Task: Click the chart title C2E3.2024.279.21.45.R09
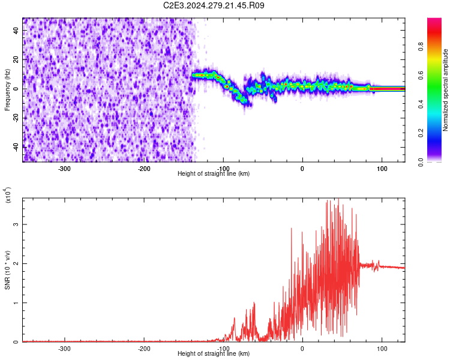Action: pyautogui.click(x=214, y=5)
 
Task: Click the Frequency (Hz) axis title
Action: pyautogui.click(x=7, y=90)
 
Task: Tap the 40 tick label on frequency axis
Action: pyautogui.click(x=16, y=30)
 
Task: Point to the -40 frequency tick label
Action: pyautogui.click(x=16, y=147)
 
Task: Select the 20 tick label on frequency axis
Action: pyautogui.click(x=16, y=59)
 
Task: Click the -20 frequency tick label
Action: pyautogui.click(x=16, y=118)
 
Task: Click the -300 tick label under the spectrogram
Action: pyautogui.click(x=64, y=169)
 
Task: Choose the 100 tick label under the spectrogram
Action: pyautogui.click(x=382, y=169)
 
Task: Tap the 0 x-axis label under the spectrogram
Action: pyautogui.click(x=302, y=169)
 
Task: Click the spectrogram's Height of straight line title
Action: pyautogui.click(x=214, y=173)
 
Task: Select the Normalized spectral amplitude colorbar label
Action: pyautogui.click(x=445, y=90)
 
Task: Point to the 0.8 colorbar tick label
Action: pyautogui.click(x=421, y=46)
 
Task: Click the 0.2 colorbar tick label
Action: pyautogui.click(x=421, y=133)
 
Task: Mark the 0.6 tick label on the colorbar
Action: pyautogui.click(x=421, y=75)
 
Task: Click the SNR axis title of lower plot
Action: pyautogui.click(x=7, y=270)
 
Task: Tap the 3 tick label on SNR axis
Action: pyautogui.click(x=16, y=224)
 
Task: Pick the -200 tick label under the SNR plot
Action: pyautogui.click(x=144, y=349)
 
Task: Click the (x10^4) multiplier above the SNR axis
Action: pyautogui.click(x=8, y=195)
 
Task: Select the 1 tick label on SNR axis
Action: pyautogui.click(x=16, y=302)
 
